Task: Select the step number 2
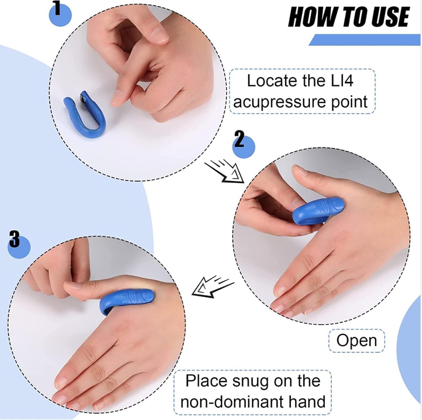pos(239,140)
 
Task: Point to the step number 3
pos(15,239)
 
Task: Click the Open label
pos(356,341)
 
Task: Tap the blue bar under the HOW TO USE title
pos(366,40)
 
